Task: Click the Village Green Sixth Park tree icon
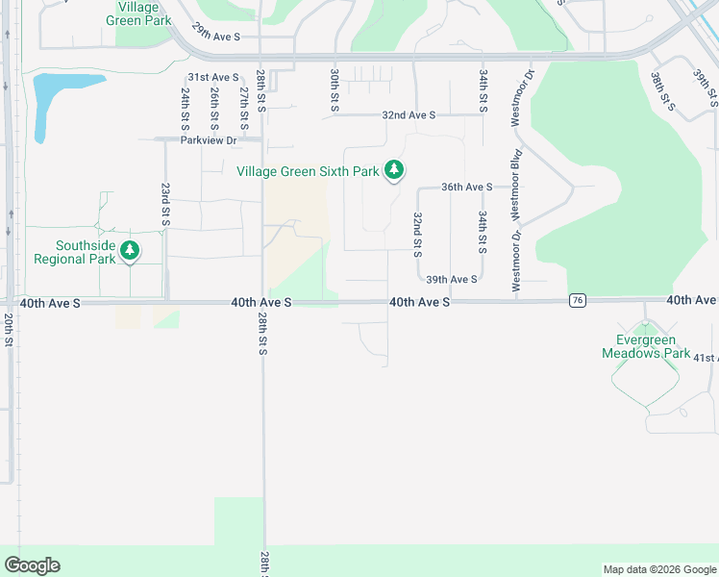(393, 171)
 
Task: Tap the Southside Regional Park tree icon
(130, 252)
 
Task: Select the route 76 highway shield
(577, 301)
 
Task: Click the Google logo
(32, 565)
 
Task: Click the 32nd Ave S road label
(409, 114)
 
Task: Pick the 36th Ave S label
(466, 188)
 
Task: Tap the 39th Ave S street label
(452, 279)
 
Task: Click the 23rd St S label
(165, 205)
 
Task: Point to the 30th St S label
(335, 89)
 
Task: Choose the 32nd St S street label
(417, 235)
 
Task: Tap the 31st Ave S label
(212, 77)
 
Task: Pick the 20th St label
(8, 329)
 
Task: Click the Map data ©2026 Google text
(658, 569)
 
